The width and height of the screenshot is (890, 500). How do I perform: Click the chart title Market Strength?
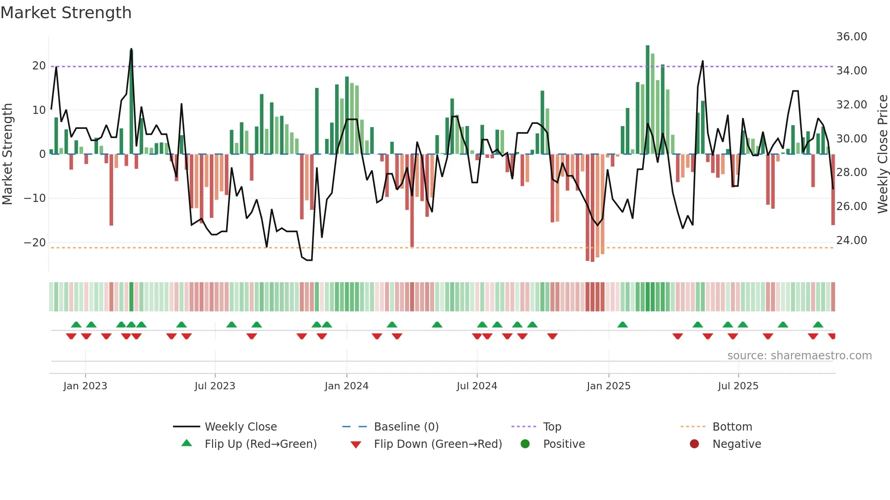pyautogui.click(x=66, y=13)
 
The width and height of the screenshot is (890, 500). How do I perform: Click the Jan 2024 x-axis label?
pyautogui.click(x=346, y=386)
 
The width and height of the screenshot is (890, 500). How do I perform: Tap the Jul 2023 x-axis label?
pyautogui.click(x=215, y=386)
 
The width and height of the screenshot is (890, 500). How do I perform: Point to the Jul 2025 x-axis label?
pyautogui.click(x=738, y=386)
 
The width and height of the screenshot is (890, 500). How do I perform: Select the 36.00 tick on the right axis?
pyautogui.click(x=851, y=37)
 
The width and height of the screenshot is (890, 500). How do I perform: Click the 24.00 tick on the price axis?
pyautogui.click(x=851, y=240)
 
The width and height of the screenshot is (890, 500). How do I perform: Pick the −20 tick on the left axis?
pyautogui.click(x=35, y=243)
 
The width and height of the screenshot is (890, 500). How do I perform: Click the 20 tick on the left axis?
pyautogui.click(x=39, y=66)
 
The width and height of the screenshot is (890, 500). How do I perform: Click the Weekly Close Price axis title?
pyautogui.click(x=882, y=154)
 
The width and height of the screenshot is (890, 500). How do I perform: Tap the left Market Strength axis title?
pyautogui.click(x=8, y=154)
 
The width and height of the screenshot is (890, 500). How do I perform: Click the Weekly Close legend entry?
pyautogui.click(x=240, y=427)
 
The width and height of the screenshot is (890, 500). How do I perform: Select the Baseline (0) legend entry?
pyautogui.click(x=406, y=427)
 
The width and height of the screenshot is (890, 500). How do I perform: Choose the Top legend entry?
pyautogui.click(x=552, y=427)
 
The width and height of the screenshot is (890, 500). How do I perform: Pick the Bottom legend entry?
pyautogui.click(x=732, y=427)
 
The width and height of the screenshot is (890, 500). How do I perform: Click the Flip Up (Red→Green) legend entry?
pyautogui.click(x=260, y=444)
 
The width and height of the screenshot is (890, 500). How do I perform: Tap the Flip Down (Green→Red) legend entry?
pyautogui.click(x=438, y=444)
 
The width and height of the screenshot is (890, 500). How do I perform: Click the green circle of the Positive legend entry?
pyautogui.click(x=525, y=444)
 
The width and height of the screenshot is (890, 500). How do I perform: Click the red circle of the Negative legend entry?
pyautogui.click(x=694, y=444)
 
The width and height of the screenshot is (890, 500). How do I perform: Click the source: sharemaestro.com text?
pyautogui.click(x=799, y=356)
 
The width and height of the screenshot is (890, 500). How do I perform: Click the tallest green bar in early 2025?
pyautogui.click(x=648, y=100)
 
